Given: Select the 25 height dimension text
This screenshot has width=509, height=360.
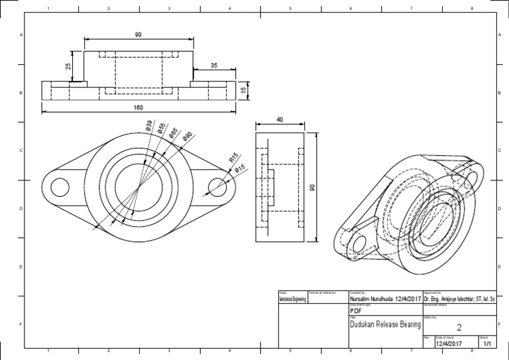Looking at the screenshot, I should pyautogui.click(x=68, y=67).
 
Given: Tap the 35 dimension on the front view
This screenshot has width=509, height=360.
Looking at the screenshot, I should pyautogui.click(x=214, y=66).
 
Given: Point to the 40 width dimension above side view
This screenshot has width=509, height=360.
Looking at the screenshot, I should pyautogui.click(x=280, y=119).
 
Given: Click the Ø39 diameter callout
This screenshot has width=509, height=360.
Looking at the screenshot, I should pyautogui.click(x=150, y=126).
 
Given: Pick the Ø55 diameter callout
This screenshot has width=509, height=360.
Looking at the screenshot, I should pyautogui.click(x=161, y=129).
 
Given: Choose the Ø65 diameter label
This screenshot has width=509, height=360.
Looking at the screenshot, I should pyautogui.click(x=172, y=133).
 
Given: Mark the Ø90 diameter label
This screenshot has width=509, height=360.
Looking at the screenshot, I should pyautogui.click(x=188, y=137).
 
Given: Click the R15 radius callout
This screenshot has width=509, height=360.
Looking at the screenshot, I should pyautogui.click(x=233, y=158).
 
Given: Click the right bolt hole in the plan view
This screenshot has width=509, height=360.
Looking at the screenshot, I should pyautogui.click(x=217, y=188).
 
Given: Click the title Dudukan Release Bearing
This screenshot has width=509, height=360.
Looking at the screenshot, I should pyautogui.click(x=384, y=325).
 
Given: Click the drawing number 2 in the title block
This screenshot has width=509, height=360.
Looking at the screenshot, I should pyautogui.click(x=459, y=326).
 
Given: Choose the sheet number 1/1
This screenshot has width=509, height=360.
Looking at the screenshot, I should pyautogui.click(x=487, y=344).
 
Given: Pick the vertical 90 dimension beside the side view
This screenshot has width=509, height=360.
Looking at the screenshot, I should pyautogui.click(x=313, y=188).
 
